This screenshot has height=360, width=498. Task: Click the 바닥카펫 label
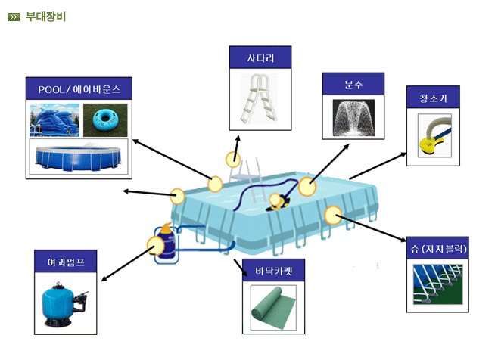[x=277, y=270]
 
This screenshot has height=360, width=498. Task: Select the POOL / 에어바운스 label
[x=79, y=88]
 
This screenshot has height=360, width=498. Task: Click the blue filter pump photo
[x=66, y=303]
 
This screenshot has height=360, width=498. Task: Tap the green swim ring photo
[x=104, y=118]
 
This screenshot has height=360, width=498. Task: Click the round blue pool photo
[x=78, y=156]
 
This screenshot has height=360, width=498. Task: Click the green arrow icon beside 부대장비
[x=13, y=16]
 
